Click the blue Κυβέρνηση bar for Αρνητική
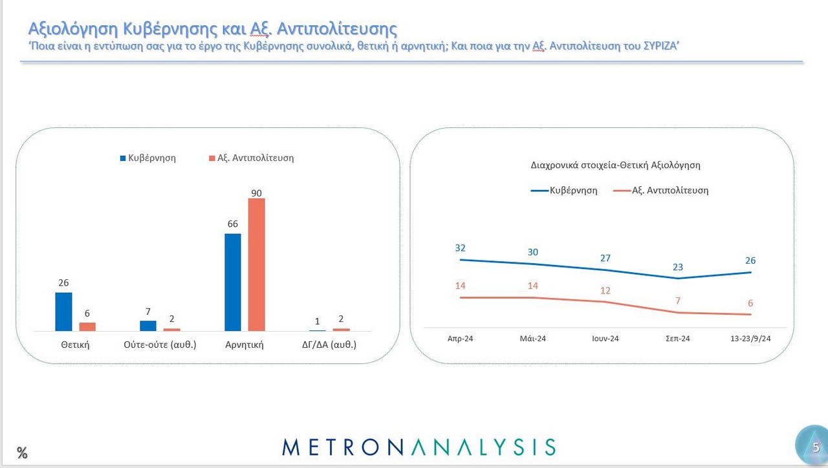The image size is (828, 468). (x=232, y=282)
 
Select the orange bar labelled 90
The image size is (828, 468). (x=257, y=264)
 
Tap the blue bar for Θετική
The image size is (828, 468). (x=63, y=312)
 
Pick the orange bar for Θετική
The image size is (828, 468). (x=87, y=326)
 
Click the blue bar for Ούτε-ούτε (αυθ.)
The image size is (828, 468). (x=148, y=326)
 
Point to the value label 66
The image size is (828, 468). (x=232, y=224)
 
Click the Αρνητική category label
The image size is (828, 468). (x=245, y=345)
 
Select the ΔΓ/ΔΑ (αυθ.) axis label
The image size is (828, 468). (x=329, y=345)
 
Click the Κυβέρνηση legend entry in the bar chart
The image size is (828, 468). (x=148, y=158)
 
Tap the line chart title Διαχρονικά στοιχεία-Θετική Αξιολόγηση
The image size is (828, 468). (x=615, y=165)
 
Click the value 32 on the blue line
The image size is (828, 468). (x=460, y=248)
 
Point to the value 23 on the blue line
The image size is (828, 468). (x=677, y=266)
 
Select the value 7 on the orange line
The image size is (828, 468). (x=677, y=301)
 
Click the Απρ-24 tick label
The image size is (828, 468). (x=460, y=339)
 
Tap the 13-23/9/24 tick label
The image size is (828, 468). (x=750, y=339)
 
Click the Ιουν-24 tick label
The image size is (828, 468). (x=605, y=339)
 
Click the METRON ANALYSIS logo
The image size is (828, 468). (x=419, y=447)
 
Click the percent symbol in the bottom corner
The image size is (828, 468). (x=22, y=452)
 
